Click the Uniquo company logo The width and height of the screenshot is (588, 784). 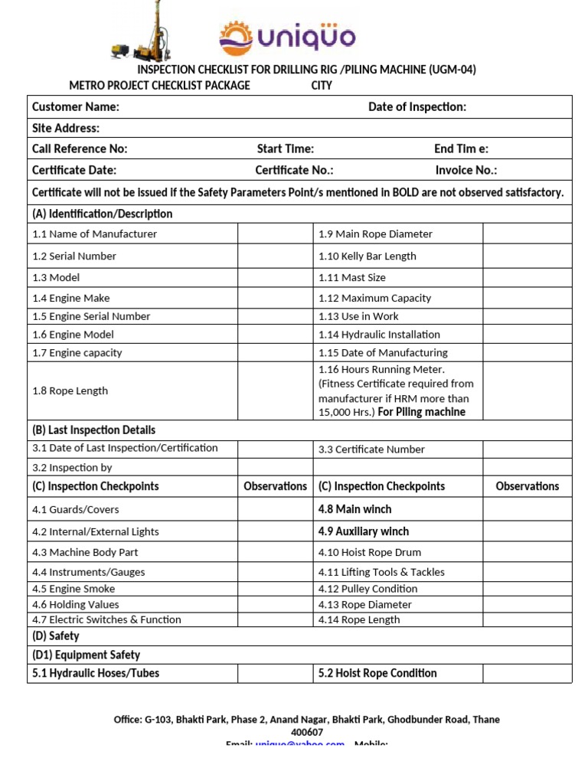(x=287, y=38)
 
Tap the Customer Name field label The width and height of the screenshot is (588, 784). (x=75, y=107)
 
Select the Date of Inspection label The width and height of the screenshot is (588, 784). (x=416, y=107)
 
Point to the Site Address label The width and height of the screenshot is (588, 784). (x=66, y=128)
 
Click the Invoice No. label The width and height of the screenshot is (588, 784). (x=465, y=170)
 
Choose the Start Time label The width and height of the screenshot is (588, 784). (x=285, y=149)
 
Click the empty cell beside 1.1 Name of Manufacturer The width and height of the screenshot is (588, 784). (x=275, y=234)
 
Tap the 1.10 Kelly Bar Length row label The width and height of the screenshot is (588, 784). (x=367, y=256)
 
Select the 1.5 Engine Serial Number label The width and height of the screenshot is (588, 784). (x=91, y=316)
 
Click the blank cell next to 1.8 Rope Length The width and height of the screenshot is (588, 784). (x=275, y=390)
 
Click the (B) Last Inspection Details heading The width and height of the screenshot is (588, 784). (x=93, y=430)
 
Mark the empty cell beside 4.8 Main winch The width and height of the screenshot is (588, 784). (x=527, y=509)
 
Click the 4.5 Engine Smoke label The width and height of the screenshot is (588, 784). (x=73, y=589)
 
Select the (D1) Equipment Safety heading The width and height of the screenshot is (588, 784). (x=86, y=655)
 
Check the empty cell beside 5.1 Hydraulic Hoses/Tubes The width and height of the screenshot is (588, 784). (x=275, y=674)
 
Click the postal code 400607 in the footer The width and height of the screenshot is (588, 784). (x=306, y=732)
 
